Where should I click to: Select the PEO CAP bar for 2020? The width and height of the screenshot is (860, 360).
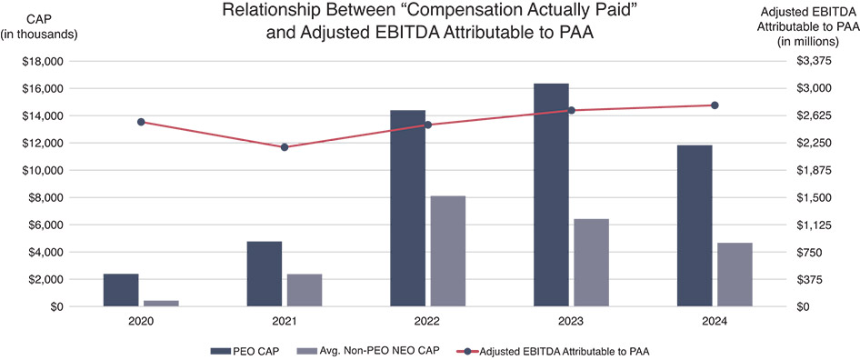pyautogui.click(x=121, y=290)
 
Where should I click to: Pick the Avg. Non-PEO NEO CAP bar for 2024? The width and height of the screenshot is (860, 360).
pyautogui.click(x=735, y=275)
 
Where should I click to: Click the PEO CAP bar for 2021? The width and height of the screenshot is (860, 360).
pyautogui.click(x=265, y=274)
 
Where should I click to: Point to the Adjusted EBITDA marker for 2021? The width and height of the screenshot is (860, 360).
pyautogui.click(x=285, y=147)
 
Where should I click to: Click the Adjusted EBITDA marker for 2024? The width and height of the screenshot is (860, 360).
pyautogui.click(x=715, y=105)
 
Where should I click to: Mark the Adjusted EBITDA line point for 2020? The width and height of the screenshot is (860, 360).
pyautogui.click(x=141, y=122)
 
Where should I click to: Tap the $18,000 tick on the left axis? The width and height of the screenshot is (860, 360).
pyautogui.click(x=44, y=61)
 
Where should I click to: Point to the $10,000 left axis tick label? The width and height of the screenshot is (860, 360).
pyautogui.click(x=44, y=170)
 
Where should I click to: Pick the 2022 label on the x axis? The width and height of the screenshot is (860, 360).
pyautogui.click(x=428, y=322)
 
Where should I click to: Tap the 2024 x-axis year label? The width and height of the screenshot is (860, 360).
pyautogui.click(x=715, y=322)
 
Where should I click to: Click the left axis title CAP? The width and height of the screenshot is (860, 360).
pyautogui.click(x=41, y=18)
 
